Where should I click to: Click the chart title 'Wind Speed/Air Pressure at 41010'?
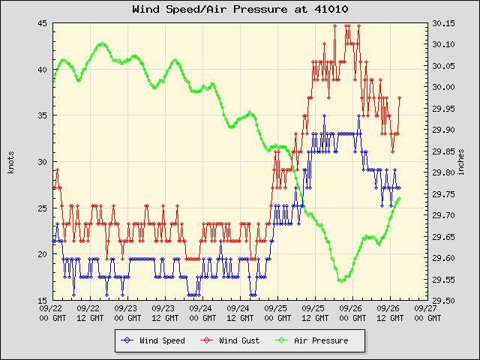pos(239,10)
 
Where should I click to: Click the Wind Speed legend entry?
pos(155,340)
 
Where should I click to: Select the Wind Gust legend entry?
pos(233,340)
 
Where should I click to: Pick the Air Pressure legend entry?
pos(314,340)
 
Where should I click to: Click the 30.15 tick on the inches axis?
pos(443,23)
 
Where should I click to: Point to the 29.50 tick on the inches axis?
pos(443,301)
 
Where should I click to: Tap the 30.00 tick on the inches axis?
pos(443,87)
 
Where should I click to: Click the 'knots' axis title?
pos(10,162)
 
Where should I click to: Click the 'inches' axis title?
pos(460,162)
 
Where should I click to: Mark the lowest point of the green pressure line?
pos(341,281)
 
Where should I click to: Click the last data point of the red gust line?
pos(400,97)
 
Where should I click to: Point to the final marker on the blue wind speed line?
pos(399,187)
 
